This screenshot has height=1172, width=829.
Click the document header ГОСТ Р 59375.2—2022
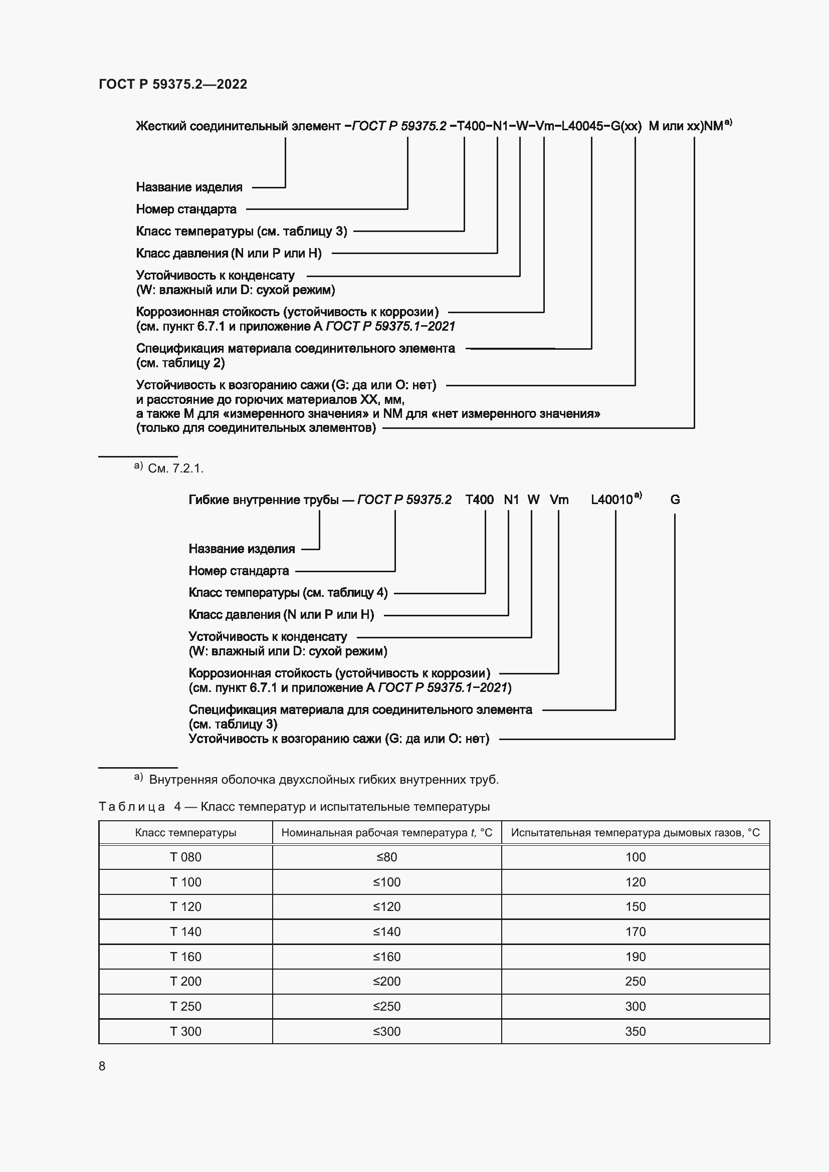(x=172, y=84)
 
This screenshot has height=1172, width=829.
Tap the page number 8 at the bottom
(x=102, y=1066)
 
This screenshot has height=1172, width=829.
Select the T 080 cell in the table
(x=185, y=857)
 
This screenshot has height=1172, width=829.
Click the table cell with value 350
(x=635, y=1031)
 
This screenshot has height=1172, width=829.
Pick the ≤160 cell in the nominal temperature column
(x=386, y=957)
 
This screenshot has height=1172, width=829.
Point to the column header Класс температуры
(x=185, y=833)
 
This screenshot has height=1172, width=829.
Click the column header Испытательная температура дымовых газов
(x=635, y=833)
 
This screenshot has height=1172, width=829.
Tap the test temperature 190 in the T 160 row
(x=635, y=957)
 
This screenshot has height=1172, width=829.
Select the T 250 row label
(x=185, y=1006)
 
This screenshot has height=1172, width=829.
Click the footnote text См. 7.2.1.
(x=175, y=468)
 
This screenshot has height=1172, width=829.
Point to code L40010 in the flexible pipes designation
(x=611, y=500)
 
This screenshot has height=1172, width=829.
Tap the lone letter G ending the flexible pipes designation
(x=675, y=500)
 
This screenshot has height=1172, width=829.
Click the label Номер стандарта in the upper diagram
(x=186, y=209)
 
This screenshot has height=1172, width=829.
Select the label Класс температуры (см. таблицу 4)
(x=288, y=593)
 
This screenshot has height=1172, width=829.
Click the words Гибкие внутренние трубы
(x=264, y=500)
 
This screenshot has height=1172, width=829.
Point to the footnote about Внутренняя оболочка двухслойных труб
(x=324, y=780)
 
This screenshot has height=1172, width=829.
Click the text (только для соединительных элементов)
(x=256, y=428)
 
